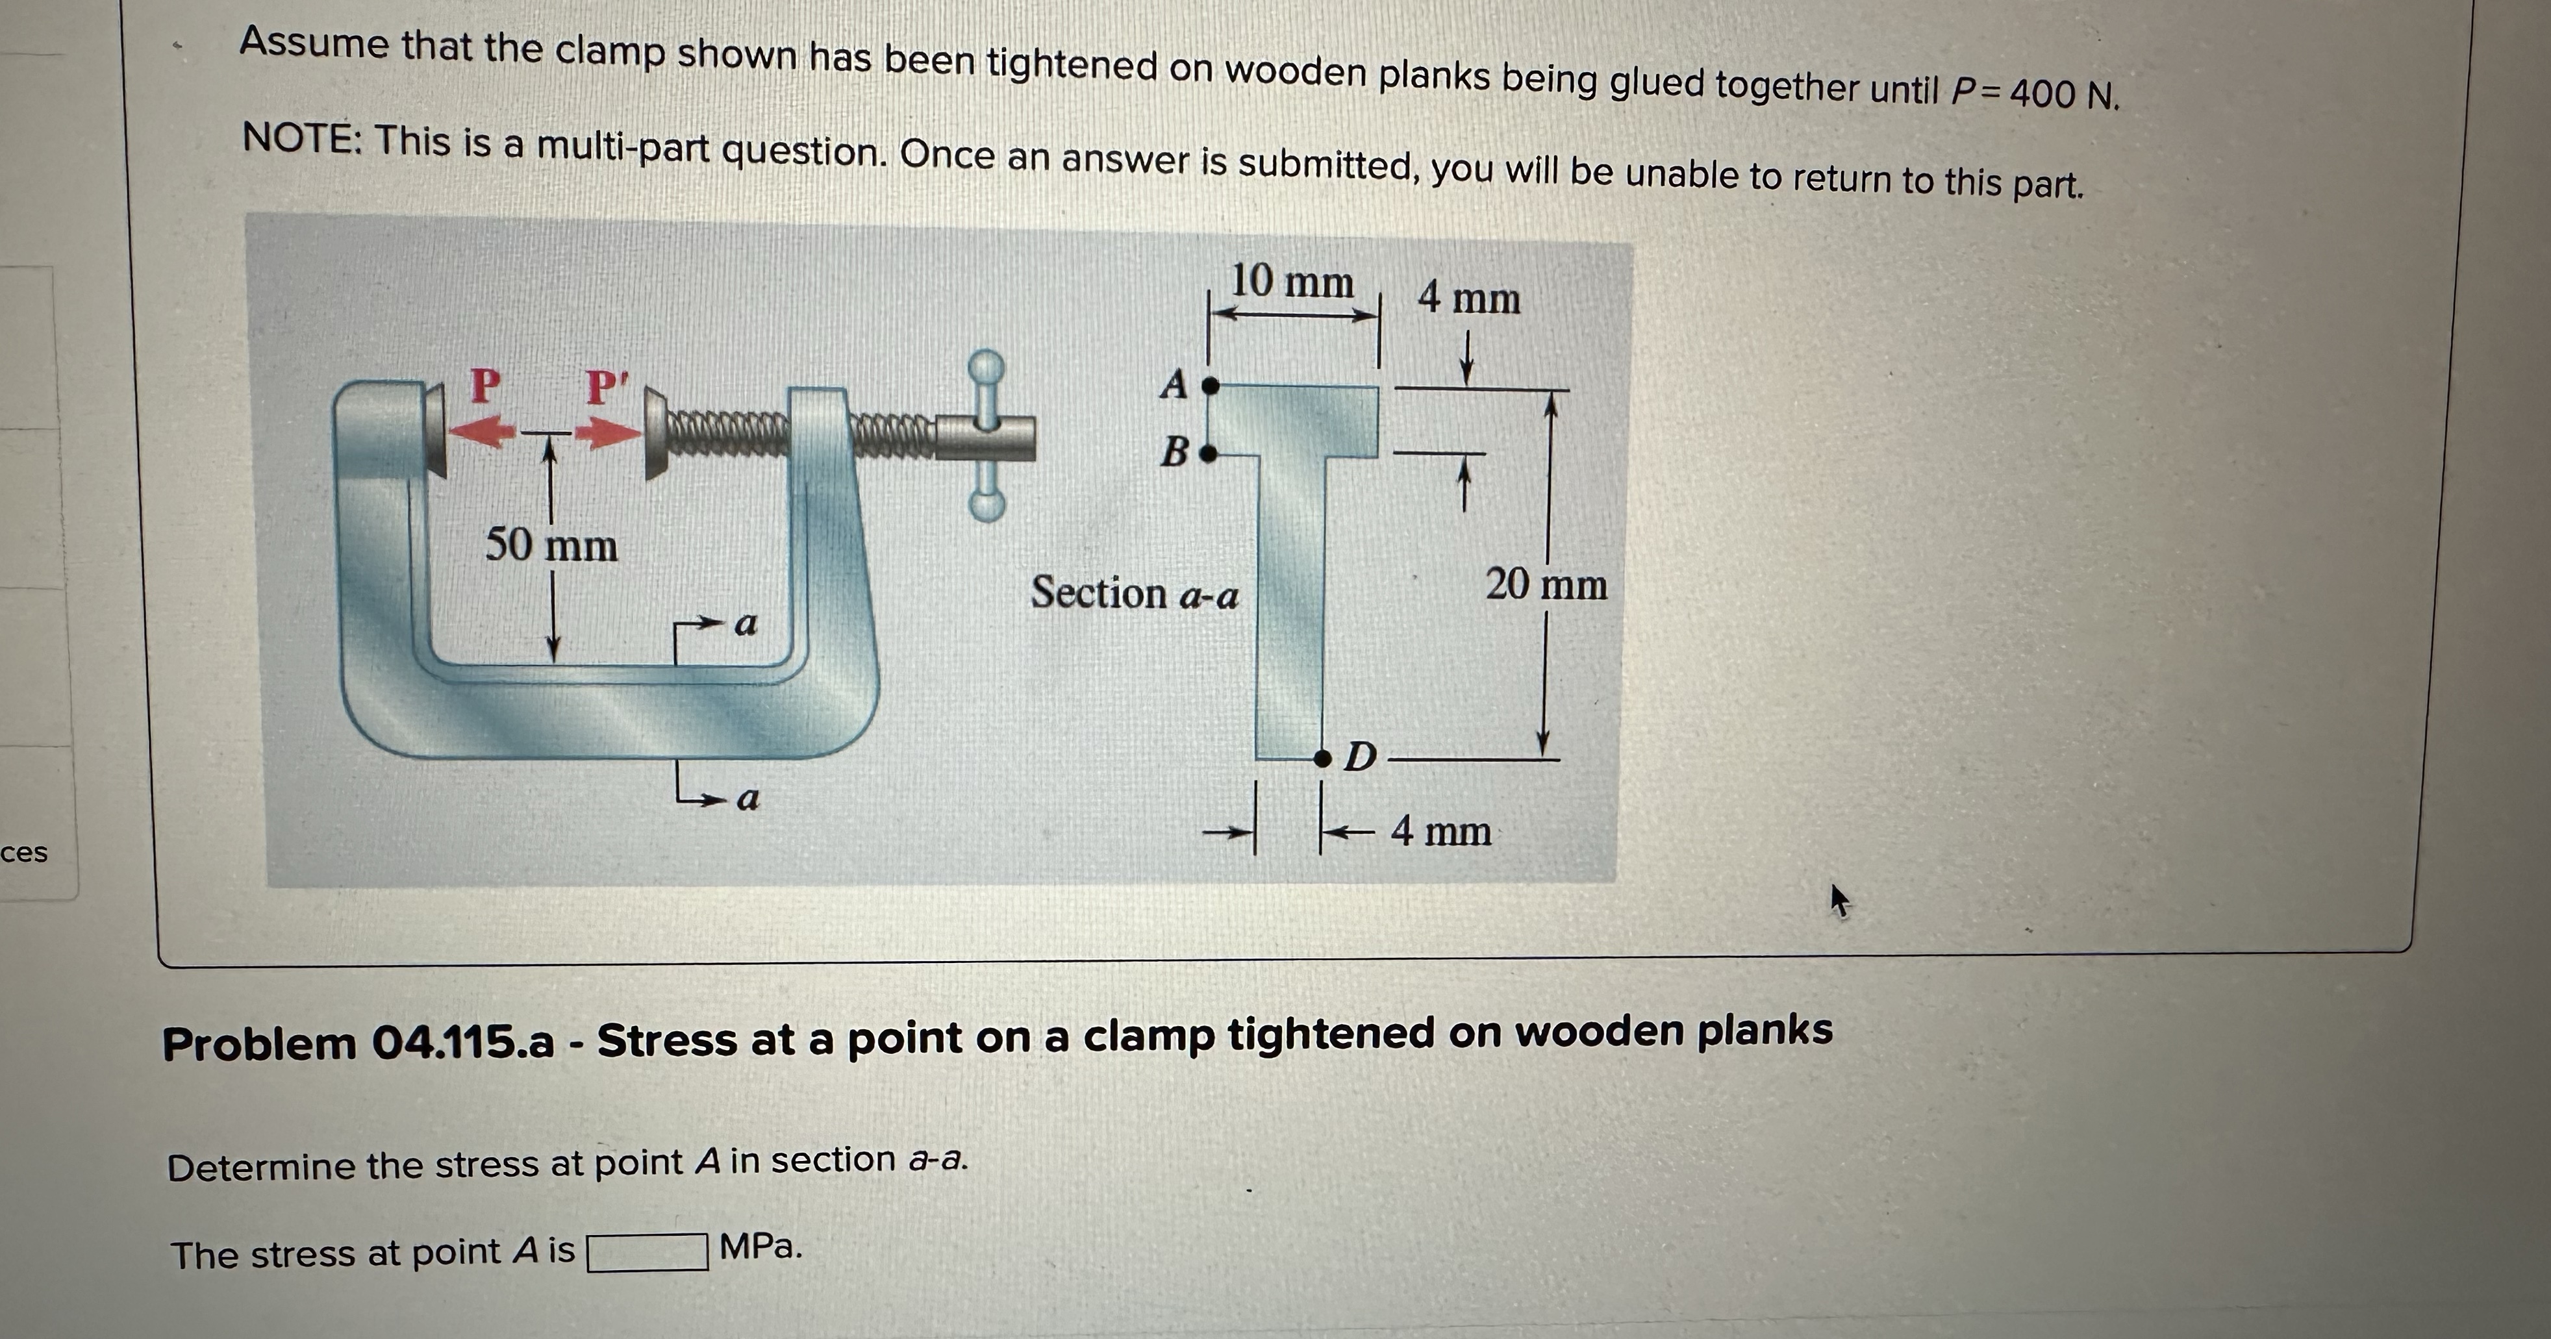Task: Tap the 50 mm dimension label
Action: coord(551,545)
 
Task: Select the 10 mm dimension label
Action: coord(1290,282)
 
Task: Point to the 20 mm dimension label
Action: coord(1545,584)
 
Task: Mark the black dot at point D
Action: coord(1322,758)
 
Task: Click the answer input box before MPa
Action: coord(647,1252)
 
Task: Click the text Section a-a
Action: coord(1134,594)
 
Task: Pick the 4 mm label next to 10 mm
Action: coord(1468,298)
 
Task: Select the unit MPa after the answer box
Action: coord(760,1247)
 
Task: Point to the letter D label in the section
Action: coord(1361,758)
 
